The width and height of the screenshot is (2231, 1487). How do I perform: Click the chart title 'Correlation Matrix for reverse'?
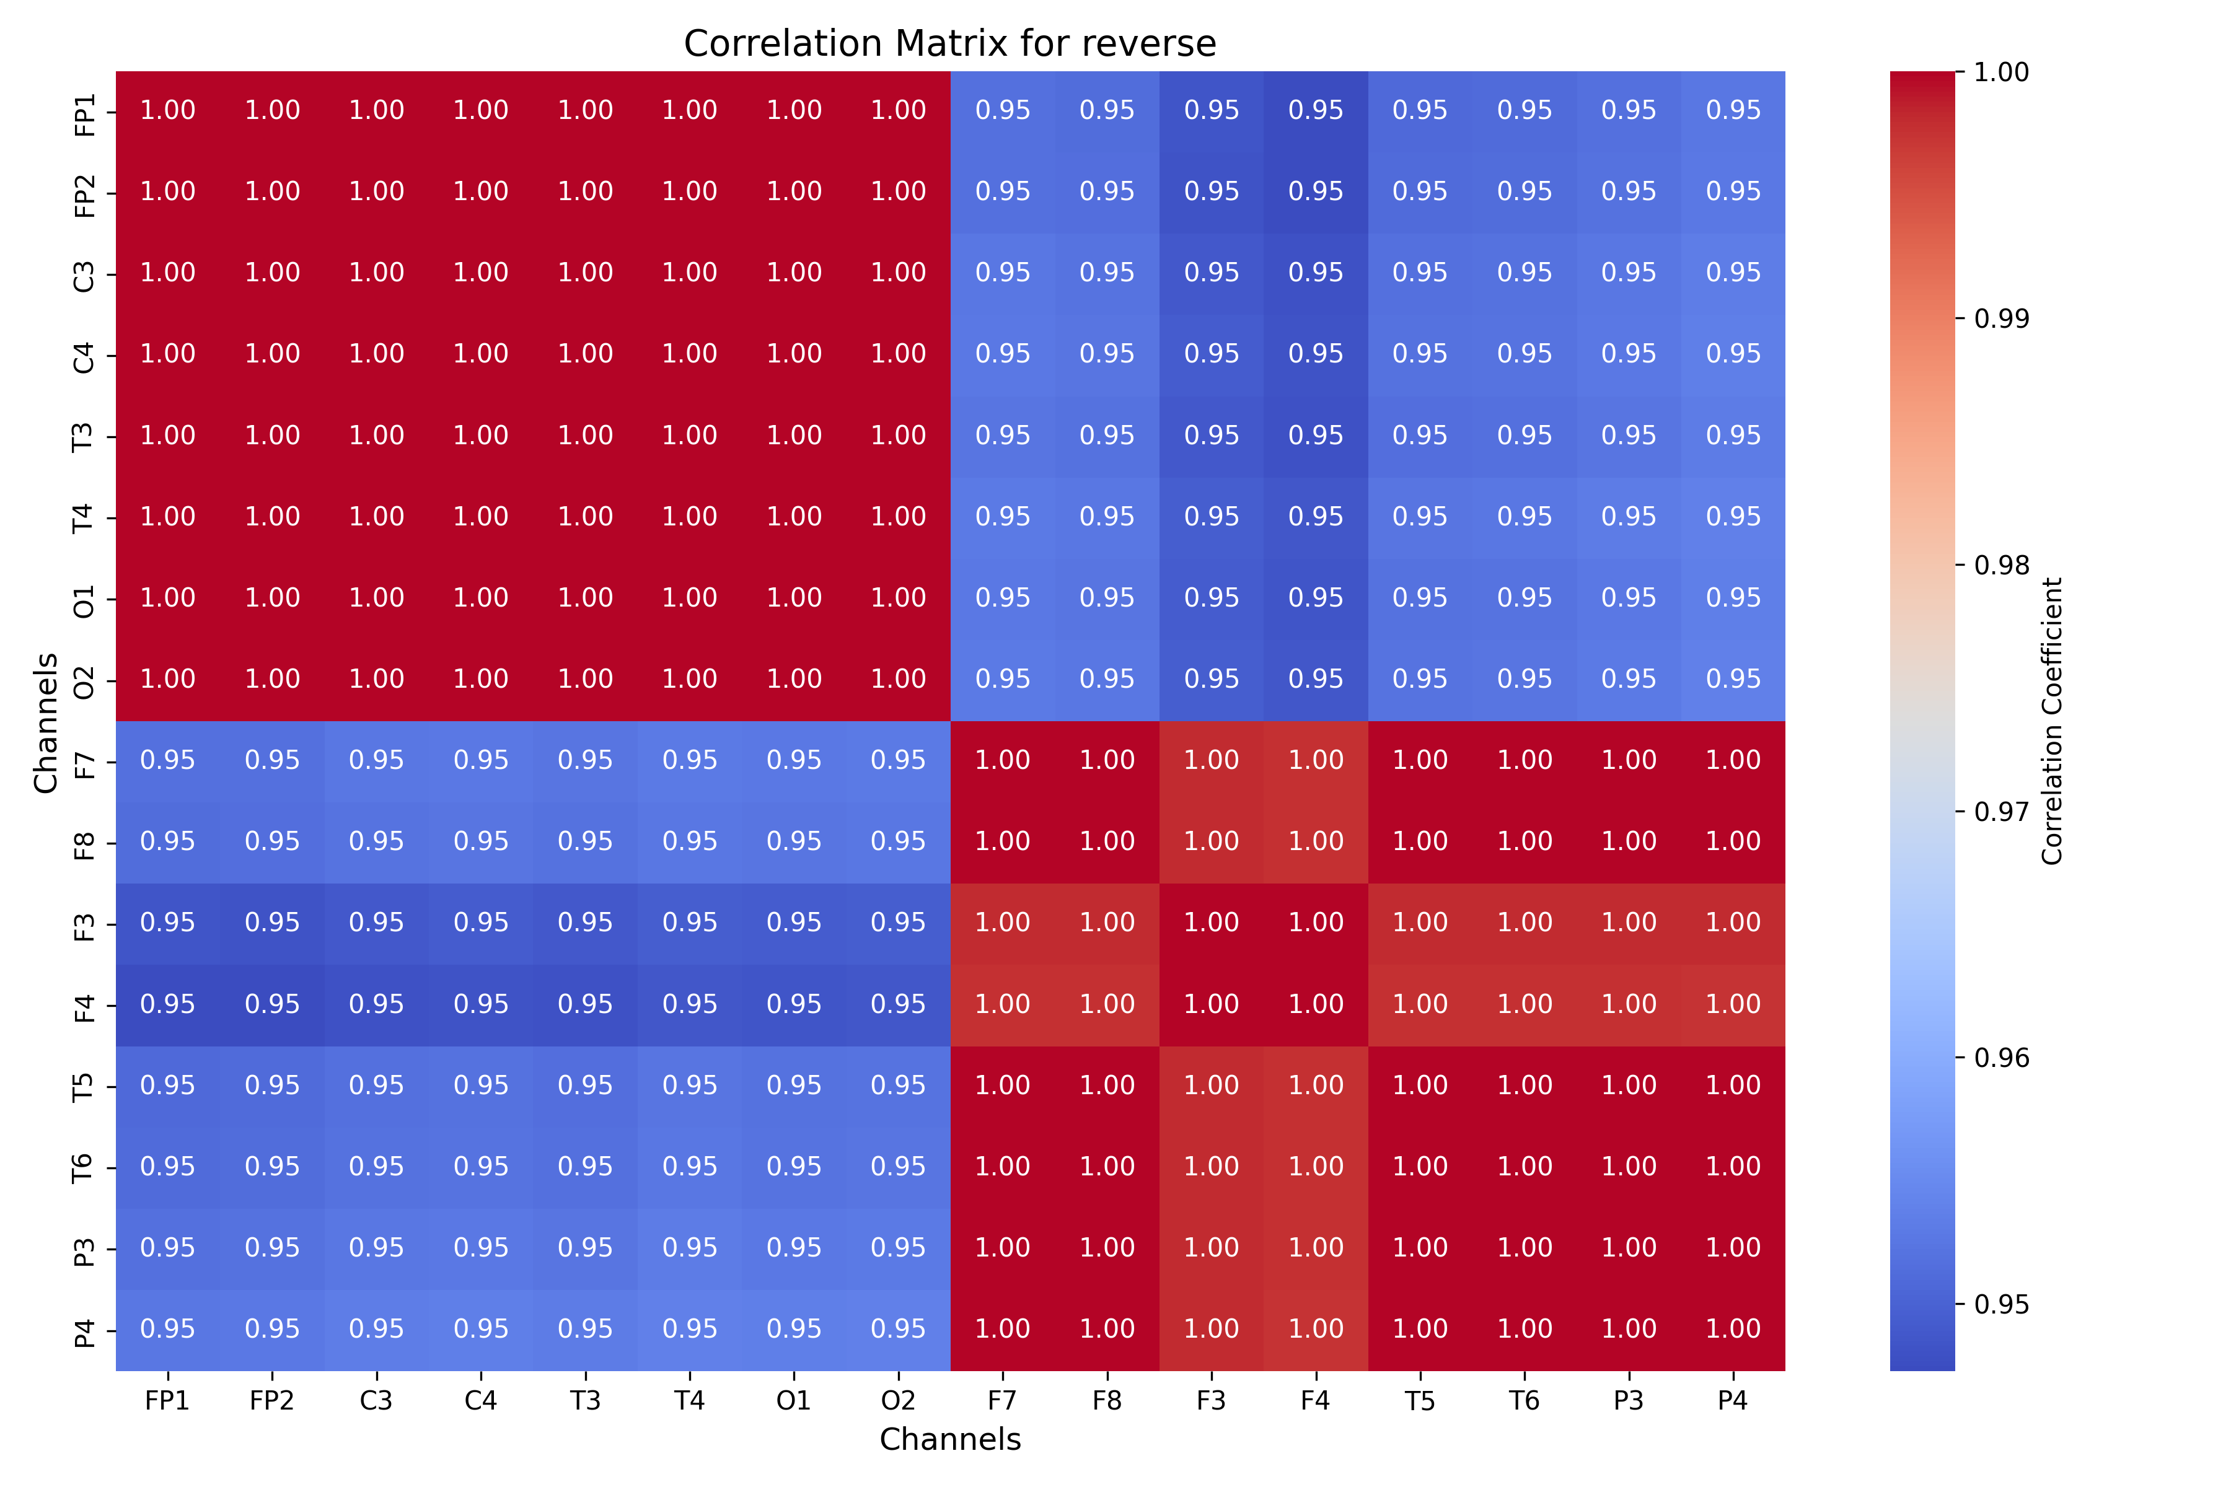(949, 43)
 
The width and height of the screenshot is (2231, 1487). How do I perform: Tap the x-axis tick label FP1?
(168, 1401)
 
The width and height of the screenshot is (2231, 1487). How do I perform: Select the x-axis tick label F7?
(1003, 1401)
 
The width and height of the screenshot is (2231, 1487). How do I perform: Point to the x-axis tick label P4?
(1733, 1401)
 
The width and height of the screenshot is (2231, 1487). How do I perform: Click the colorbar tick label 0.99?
(2002, 318)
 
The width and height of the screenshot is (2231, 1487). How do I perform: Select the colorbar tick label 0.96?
(2002, 1058)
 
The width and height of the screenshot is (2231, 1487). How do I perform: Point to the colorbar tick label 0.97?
(2002, 812)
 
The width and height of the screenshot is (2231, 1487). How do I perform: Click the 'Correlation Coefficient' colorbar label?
(2052, 721)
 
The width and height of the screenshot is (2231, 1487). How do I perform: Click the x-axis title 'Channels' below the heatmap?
(949, 1439)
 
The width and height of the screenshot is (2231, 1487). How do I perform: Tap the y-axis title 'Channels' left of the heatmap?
(45, 722)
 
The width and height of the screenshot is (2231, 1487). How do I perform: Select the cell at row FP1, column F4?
(1316, 111)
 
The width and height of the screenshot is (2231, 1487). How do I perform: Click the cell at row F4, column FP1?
(168, 1005)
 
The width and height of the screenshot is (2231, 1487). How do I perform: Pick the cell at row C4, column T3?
(585, 354)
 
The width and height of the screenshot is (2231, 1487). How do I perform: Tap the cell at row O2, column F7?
(1003, 680)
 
